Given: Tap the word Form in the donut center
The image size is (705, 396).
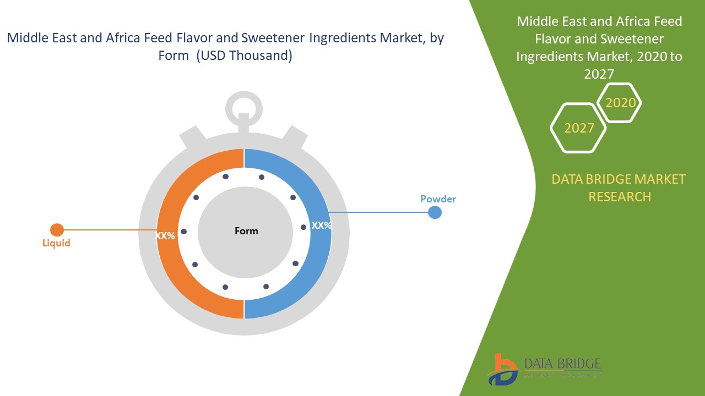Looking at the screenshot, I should tap(246, 231).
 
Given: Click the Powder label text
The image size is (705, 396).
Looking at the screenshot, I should tap(438, 199).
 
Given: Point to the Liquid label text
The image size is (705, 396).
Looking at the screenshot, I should tap(56, 243).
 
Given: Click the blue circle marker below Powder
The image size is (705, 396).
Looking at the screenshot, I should tap(435, 212).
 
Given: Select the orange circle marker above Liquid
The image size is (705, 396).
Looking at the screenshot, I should tap(57, 230).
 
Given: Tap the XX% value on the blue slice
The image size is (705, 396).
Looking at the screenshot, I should tap(321, 226).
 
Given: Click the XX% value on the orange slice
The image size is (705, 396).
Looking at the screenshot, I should tap(165, 236).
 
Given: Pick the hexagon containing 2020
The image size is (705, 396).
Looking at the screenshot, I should tap(620, 103).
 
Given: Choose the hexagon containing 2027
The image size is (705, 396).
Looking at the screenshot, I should tap(578, 128).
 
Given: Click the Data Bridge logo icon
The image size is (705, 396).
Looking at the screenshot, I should tap(502, 369).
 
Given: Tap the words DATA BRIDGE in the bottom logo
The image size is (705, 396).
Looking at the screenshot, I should tap(562, 364).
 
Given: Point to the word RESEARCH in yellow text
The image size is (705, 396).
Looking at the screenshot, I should tap(620, 196).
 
